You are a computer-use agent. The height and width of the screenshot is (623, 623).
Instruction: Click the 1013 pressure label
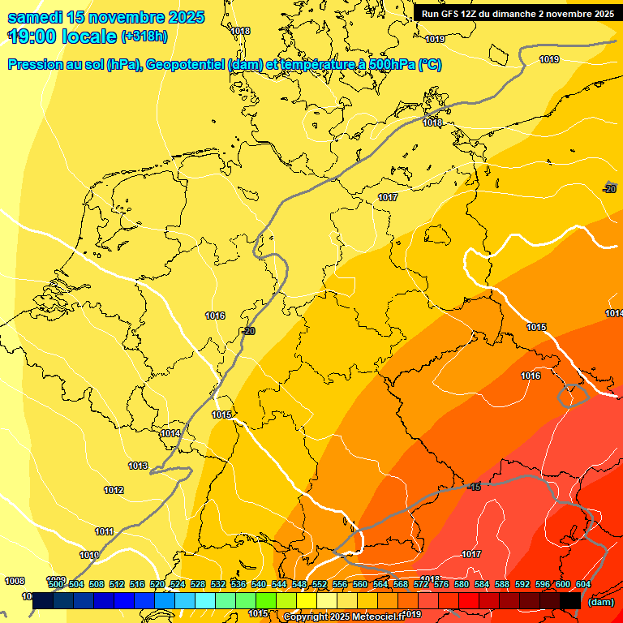click(138, 466)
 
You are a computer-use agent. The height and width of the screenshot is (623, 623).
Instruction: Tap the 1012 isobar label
click(114, 490)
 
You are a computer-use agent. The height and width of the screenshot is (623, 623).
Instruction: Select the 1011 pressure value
click(104, 531)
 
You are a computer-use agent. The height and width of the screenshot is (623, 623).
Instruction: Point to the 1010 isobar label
click(89, 555)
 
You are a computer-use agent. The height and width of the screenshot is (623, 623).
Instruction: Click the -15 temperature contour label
click(474, 486)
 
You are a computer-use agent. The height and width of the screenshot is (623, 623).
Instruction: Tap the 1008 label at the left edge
click(15, 581)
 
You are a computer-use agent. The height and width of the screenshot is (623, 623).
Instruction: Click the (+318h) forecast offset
click(145, 37)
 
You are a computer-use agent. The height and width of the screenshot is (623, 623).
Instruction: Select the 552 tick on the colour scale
click(320, 584)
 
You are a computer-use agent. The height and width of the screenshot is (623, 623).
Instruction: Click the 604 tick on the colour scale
click(582, 584)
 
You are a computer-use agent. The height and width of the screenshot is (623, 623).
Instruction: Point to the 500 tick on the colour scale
click(56, 584)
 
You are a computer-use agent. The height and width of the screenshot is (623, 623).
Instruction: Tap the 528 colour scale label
click(198, 584)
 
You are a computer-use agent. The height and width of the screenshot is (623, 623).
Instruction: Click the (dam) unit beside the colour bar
click(600, 602)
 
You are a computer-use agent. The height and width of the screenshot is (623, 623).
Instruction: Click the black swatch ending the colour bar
click(570, 600)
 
